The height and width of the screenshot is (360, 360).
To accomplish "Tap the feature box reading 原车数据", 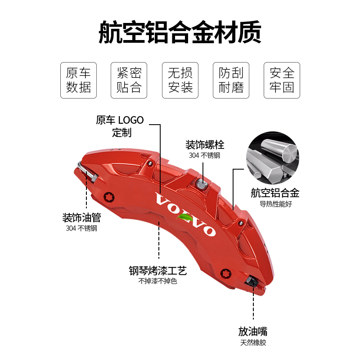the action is (x=78, y=80).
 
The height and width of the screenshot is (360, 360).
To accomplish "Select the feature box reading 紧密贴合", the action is (x=129, y=80).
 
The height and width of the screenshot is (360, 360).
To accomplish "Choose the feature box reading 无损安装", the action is (x=180, y=80).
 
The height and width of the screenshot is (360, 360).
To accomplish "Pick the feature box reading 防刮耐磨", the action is (x=231, y=80).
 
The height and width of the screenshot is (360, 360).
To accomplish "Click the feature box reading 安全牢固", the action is (x=282, y=80).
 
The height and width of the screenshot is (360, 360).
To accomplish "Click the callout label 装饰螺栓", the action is (x=205, y=145).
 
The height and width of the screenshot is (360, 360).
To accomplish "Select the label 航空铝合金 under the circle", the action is (x=275, y=193).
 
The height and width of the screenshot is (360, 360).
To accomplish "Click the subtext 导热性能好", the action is (x=275, y=203).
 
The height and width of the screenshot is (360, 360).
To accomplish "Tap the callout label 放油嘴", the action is (x=253, y=332).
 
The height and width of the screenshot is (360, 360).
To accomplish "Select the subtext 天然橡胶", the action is (x=253, y=343).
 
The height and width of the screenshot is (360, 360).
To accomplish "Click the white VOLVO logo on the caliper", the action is (x=185, y=215).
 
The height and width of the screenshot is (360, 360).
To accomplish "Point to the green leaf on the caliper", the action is (x=185, y=217).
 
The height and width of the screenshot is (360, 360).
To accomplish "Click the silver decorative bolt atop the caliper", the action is (x=202, y=184).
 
